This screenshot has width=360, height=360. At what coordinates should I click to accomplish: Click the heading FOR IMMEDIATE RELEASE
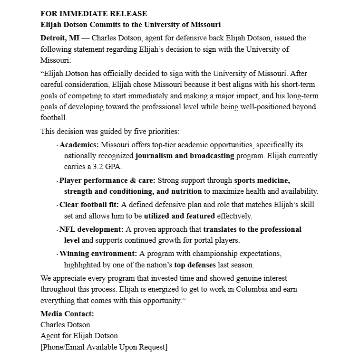[x=94, y=14]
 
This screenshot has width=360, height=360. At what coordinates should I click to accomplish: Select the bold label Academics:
[x=79, y=144]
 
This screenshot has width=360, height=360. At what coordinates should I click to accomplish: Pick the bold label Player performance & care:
[x=107, y=180]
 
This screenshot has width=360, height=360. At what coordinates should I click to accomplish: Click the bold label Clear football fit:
[x=89, y=205]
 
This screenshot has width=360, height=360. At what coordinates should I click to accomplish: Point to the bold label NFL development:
[x=91, y=229]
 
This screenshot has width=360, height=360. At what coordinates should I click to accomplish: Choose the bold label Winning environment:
[x=98, y=254]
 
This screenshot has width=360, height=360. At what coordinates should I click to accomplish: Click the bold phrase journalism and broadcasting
[x=185, y=156]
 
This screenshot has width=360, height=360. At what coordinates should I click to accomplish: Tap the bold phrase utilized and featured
[x=179, y=216]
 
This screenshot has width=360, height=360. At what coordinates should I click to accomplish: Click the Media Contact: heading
[x=67, y=313]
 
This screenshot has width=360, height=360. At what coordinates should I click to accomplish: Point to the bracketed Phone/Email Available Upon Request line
[x=104, y=347]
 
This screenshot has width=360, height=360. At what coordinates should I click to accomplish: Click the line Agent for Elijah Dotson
[x=79, y=336]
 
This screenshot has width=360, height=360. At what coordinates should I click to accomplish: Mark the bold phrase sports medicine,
[x=262, y=180]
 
